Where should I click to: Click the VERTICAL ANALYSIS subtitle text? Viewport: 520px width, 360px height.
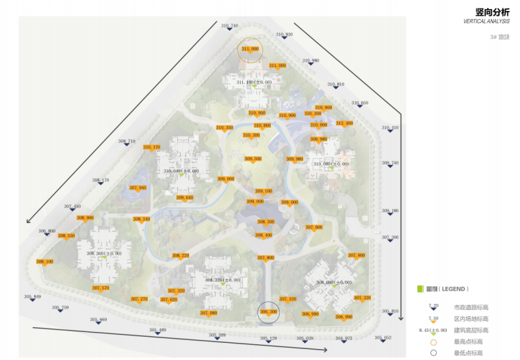click(x=486, y=22)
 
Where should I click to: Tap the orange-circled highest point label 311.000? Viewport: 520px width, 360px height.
click(x=250, y=49)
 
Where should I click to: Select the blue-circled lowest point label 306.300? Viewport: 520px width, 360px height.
click(x=268, y=311)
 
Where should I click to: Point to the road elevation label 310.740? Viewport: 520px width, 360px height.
click(x=230, y=26)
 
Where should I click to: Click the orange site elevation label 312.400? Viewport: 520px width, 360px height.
click(x=344, y=123)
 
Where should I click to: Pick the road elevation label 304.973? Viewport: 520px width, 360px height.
click(x=344, y=338)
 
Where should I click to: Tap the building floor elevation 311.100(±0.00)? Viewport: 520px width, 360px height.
click(x=254, y=82)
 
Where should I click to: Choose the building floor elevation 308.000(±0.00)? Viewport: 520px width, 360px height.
click(x=334, y=282)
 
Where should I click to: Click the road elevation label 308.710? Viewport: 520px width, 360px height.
click(x=127, y=141)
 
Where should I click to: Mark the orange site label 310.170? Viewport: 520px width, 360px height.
click(x=151, y=147)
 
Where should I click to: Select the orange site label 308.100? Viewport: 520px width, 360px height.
click(x=44, y=261)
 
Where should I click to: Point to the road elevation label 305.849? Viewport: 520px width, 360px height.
click(x=33, y=296)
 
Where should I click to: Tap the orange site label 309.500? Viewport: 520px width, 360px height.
click(x=253, y=159)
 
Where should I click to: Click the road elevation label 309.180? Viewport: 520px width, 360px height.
click(x=390, y=211)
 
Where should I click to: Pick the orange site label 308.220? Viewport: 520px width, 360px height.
click(x=181, y=255)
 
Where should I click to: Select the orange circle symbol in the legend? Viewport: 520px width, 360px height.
click(x=432, y=342)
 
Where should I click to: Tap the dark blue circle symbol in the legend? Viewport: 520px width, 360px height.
click(x=432, y=353)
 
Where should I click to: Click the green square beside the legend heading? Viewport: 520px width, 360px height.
click(x=421, y=289)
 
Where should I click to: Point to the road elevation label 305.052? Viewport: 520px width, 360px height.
click(x=383, y=338)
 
